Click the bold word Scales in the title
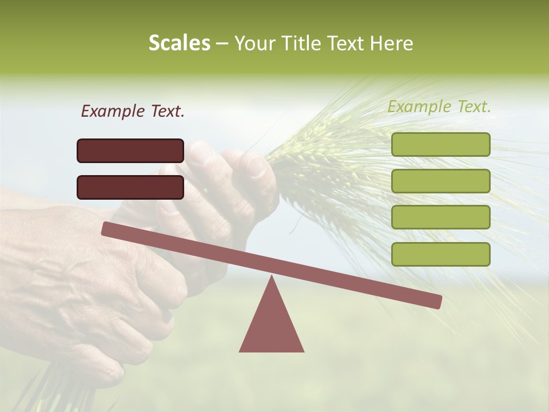point(179,43)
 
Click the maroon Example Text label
point(133,111)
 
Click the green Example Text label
point(439,106)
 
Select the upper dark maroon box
point(130,150)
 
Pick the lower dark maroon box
point(130,187)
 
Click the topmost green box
point(440,144)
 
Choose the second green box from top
point(440,181)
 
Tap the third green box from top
point(440,217)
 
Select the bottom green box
point(440,254)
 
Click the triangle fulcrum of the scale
point(271,323)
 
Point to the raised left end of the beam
point(106,228)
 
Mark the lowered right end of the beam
point(437,302)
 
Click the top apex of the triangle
point(271,278)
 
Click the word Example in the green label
point(419,106)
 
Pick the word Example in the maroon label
point(112,111)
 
